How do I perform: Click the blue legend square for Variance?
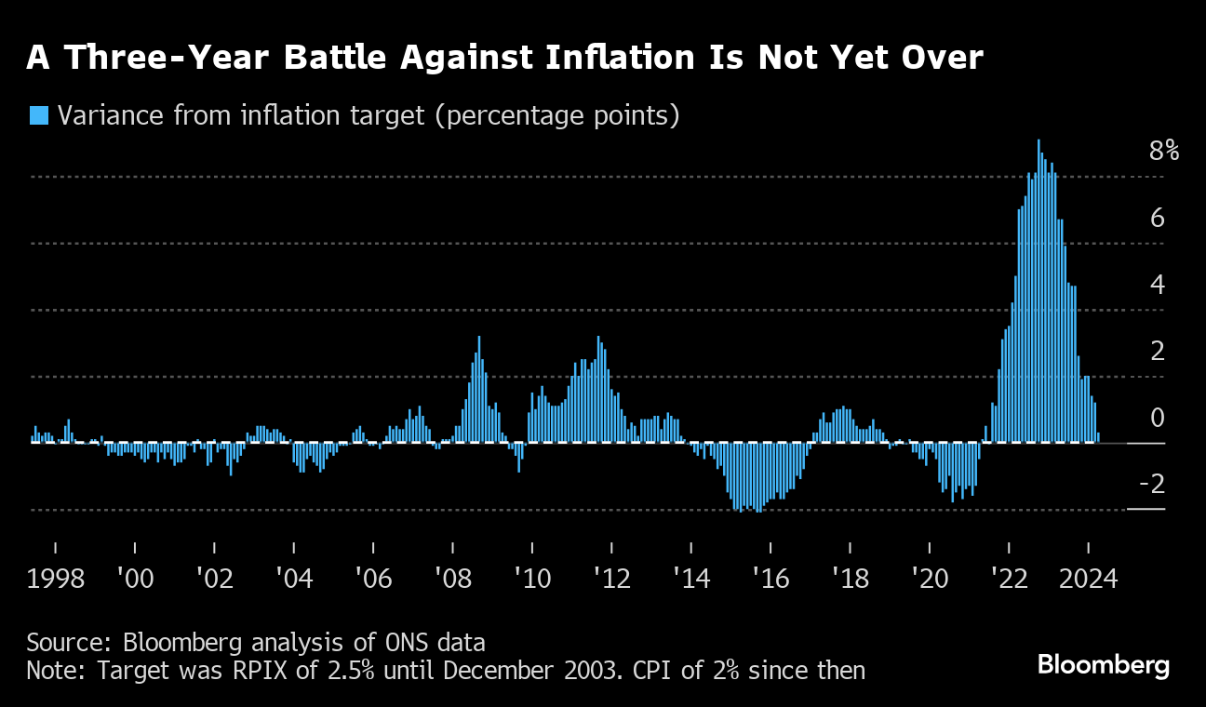(x=39, y=115)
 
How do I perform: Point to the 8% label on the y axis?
(x=1163, y=151)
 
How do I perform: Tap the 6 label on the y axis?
(x=1158, y=218)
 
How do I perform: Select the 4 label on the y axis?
(x=1158, y=285)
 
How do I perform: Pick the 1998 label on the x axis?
(x=56, y=579)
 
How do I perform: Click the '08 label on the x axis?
(x=453, y=579)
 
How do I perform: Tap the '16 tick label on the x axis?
(x=770, y=579)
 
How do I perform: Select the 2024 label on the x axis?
(x=1089, y=579)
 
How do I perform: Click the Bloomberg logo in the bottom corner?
(x=1103, y=665)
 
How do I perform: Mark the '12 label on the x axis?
(x=611, y=579)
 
